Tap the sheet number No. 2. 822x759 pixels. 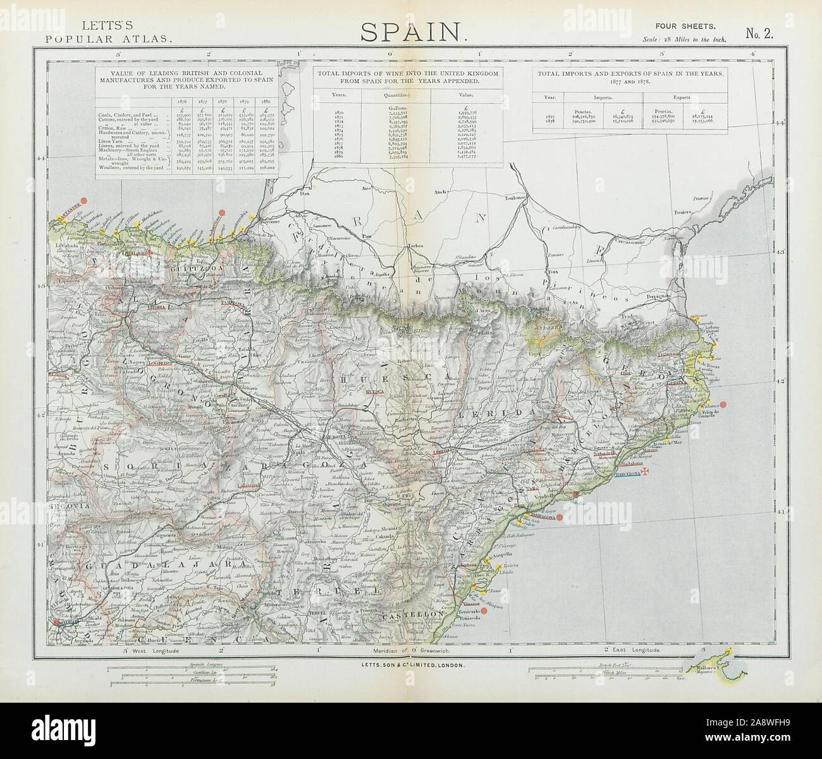coord(759,34)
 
